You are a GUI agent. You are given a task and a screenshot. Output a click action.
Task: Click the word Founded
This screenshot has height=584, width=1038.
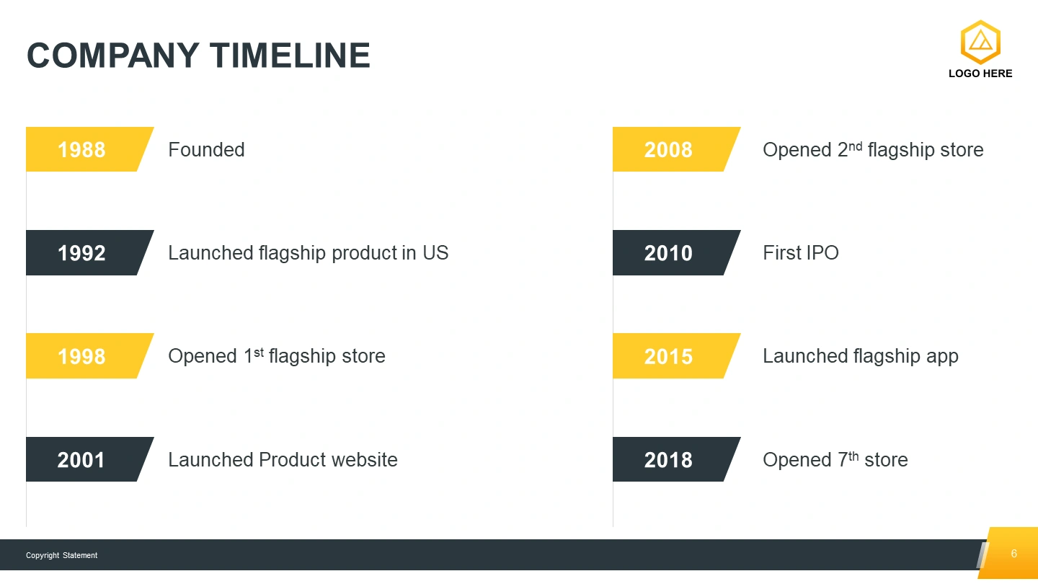pyautogui.click(x=206, y=150)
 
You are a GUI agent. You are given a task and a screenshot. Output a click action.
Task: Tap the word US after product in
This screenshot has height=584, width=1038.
pyautogui.click(x=435, y=253)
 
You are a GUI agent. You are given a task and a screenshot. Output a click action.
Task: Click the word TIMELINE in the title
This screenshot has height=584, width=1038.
pyautogui.click(x=290, y=56)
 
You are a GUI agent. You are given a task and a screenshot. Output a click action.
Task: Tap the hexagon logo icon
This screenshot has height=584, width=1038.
pyautogui.click(x=980, y=42)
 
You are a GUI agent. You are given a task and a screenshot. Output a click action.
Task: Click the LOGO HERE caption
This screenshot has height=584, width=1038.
pyautogui.click(x=980, y=74)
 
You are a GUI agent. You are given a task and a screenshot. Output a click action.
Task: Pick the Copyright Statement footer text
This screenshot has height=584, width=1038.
pyautogui.click(x=62, y=555)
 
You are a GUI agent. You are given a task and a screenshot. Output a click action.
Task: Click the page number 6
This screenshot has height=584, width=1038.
pyautogui.click(x=1014, y=554)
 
